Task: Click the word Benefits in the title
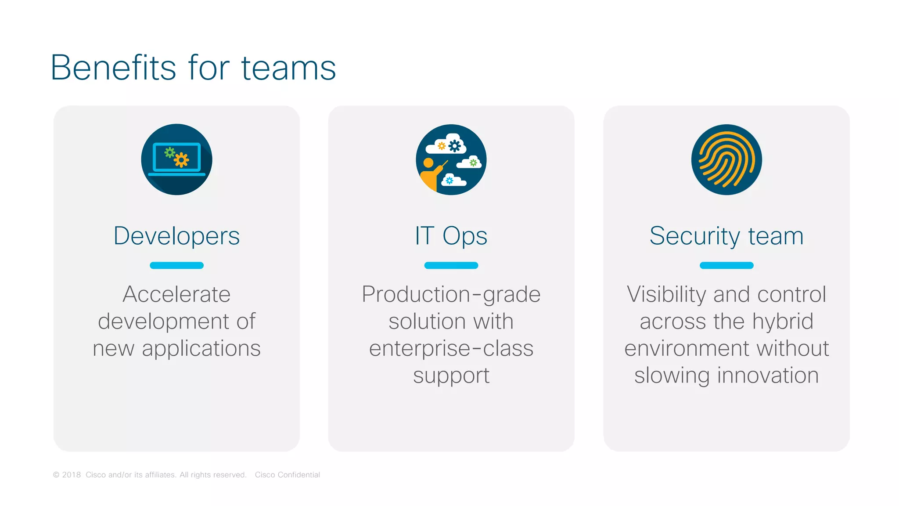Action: click(113, 68)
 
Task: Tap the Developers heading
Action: click(176, 236)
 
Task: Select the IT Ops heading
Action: click(451, 236)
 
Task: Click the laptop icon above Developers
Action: click(176, 159)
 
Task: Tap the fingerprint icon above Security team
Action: click(726, 159)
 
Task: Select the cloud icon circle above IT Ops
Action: click(451, 159)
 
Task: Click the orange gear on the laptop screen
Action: click(181, 160)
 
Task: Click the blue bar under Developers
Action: click(176, 265)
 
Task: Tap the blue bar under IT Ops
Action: click(451, 265)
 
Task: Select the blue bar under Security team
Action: click(726, 265)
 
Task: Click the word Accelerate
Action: click(176, 294)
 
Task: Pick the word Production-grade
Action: click(451, 294)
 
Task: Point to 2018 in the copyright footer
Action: click(71, 475)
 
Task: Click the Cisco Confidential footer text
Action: click(287, 475)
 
